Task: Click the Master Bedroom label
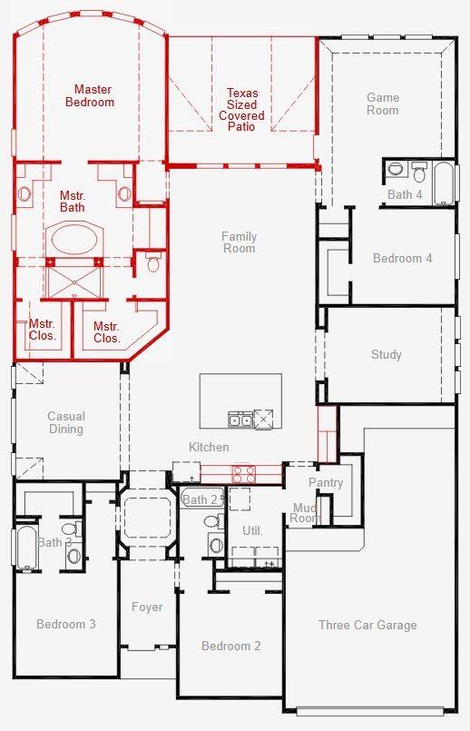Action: tap(90, 95)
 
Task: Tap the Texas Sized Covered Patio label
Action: tap(241, 110)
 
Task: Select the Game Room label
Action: tap(383, 104)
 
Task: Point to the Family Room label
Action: tap(239, 242)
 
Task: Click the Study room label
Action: tap(387, 354)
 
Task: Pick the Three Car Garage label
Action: tap(367, 625)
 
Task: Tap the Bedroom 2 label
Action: tap(231, 646)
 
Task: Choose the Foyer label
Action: tap(147, 607)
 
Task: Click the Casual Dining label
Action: tap(66, 422)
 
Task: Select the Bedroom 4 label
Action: tap(403, 258)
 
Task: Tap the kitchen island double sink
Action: tap(240, 420)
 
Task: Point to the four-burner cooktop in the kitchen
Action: tap(244, 474)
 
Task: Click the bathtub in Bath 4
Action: tap(444, 183)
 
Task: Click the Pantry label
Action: tap(326, 482)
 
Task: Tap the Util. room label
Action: tap(252, 530)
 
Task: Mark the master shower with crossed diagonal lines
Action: tap(74, 282)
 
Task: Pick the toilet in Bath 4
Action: tap(420, 173)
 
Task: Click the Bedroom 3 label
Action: tap(66, 624)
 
